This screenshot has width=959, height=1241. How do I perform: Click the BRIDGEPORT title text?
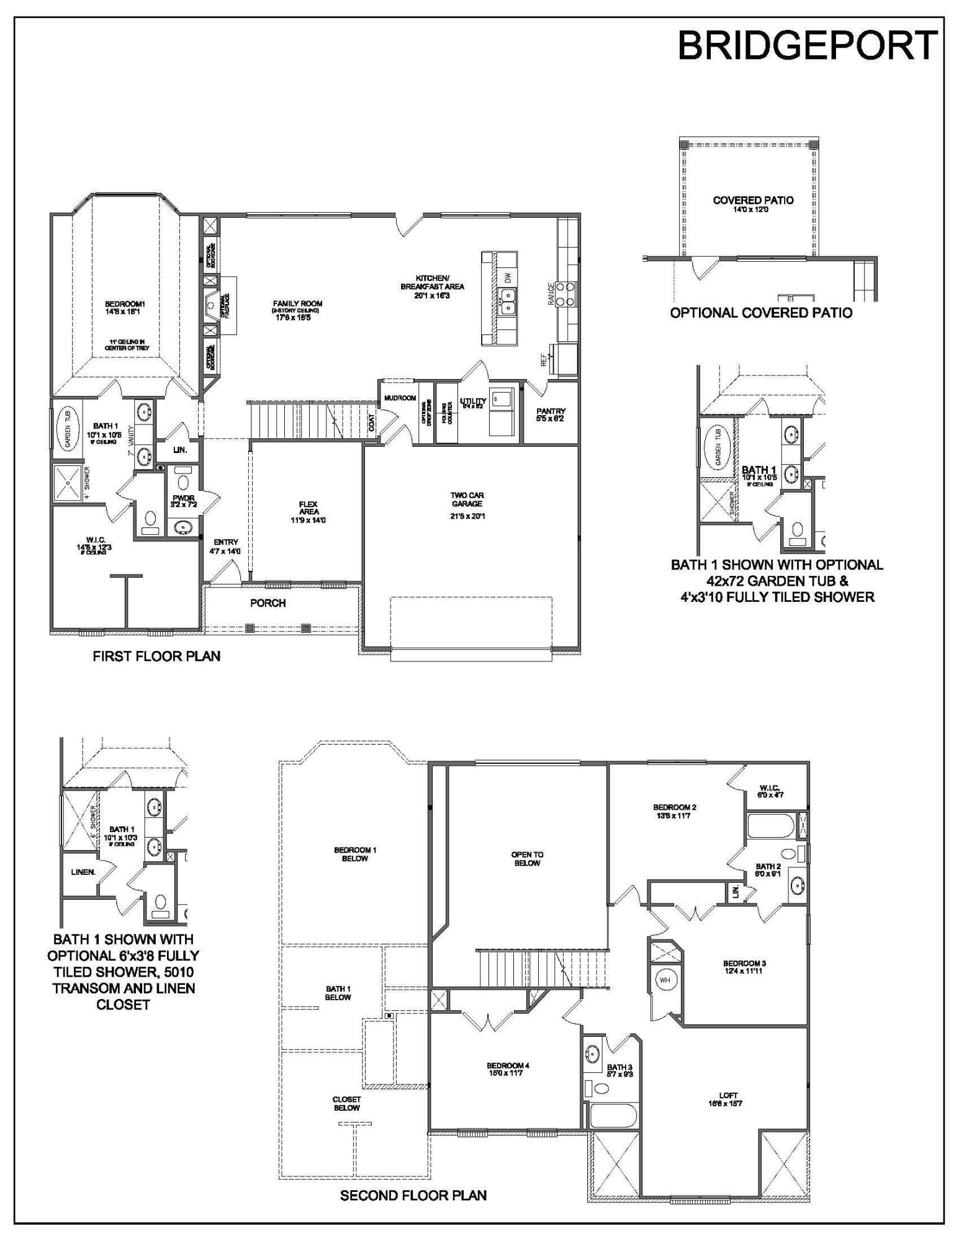coord(806,45)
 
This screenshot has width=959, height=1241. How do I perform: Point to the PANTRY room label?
coord(551,414)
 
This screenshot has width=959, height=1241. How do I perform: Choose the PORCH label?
coord(268,603)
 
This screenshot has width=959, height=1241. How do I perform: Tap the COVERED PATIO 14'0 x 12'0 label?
coord(753,204)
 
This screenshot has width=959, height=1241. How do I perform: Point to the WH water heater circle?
coord(664,980)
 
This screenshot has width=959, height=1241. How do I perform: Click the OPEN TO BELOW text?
coord(526,858)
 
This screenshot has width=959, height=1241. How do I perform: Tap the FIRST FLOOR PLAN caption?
coord(156,656)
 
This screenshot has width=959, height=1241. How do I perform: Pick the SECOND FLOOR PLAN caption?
coord(413,1195)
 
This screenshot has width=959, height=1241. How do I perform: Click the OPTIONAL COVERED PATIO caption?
coord(761,313)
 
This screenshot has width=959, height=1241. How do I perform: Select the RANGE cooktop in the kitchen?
coord(566,293)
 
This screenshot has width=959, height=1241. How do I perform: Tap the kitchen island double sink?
coord(508,307)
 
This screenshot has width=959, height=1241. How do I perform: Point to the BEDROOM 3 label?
coord(744,967)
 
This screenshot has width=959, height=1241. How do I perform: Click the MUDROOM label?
coord(399,398)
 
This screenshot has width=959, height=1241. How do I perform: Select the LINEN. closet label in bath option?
coord(83,872)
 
